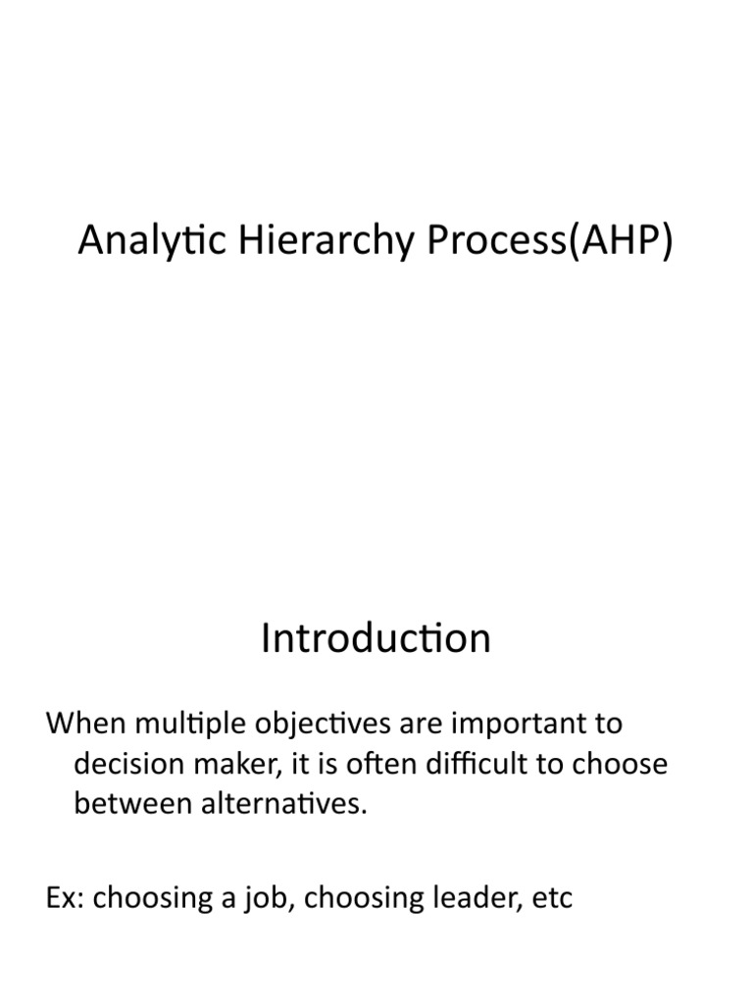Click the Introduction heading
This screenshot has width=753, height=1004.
pyautogui.click(x=376, y=639)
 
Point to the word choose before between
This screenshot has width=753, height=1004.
pyautogui.click(x=617, y=765)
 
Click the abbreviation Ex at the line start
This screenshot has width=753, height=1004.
pyautogui.click(x=64, y=898)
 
